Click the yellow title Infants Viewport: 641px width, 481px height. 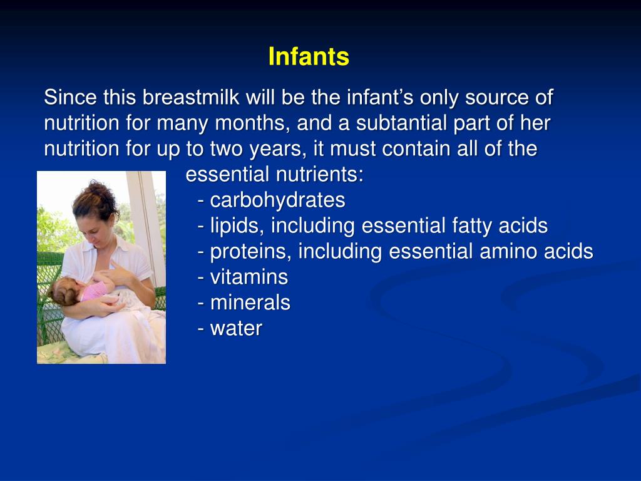click(x=309, y=57)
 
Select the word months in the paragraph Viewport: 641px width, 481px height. click(x=255, y=123)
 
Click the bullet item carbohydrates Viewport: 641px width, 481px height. click(x=277, y=200)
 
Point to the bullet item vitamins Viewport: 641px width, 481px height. click(x=249, y=277)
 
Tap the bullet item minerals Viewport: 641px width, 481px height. click(x=250, y=303)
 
